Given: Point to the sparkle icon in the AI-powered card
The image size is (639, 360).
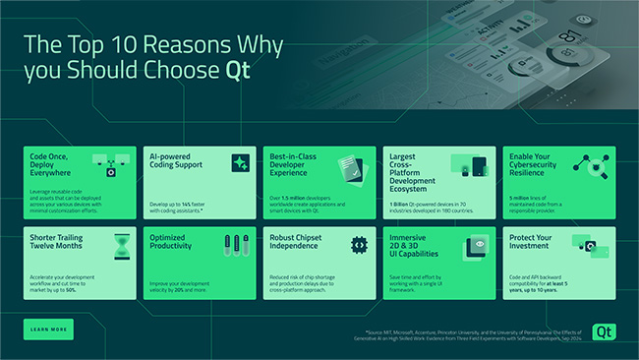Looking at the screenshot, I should point(240,163).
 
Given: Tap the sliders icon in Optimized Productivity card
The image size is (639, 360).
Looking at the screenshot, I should point(236,245).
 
